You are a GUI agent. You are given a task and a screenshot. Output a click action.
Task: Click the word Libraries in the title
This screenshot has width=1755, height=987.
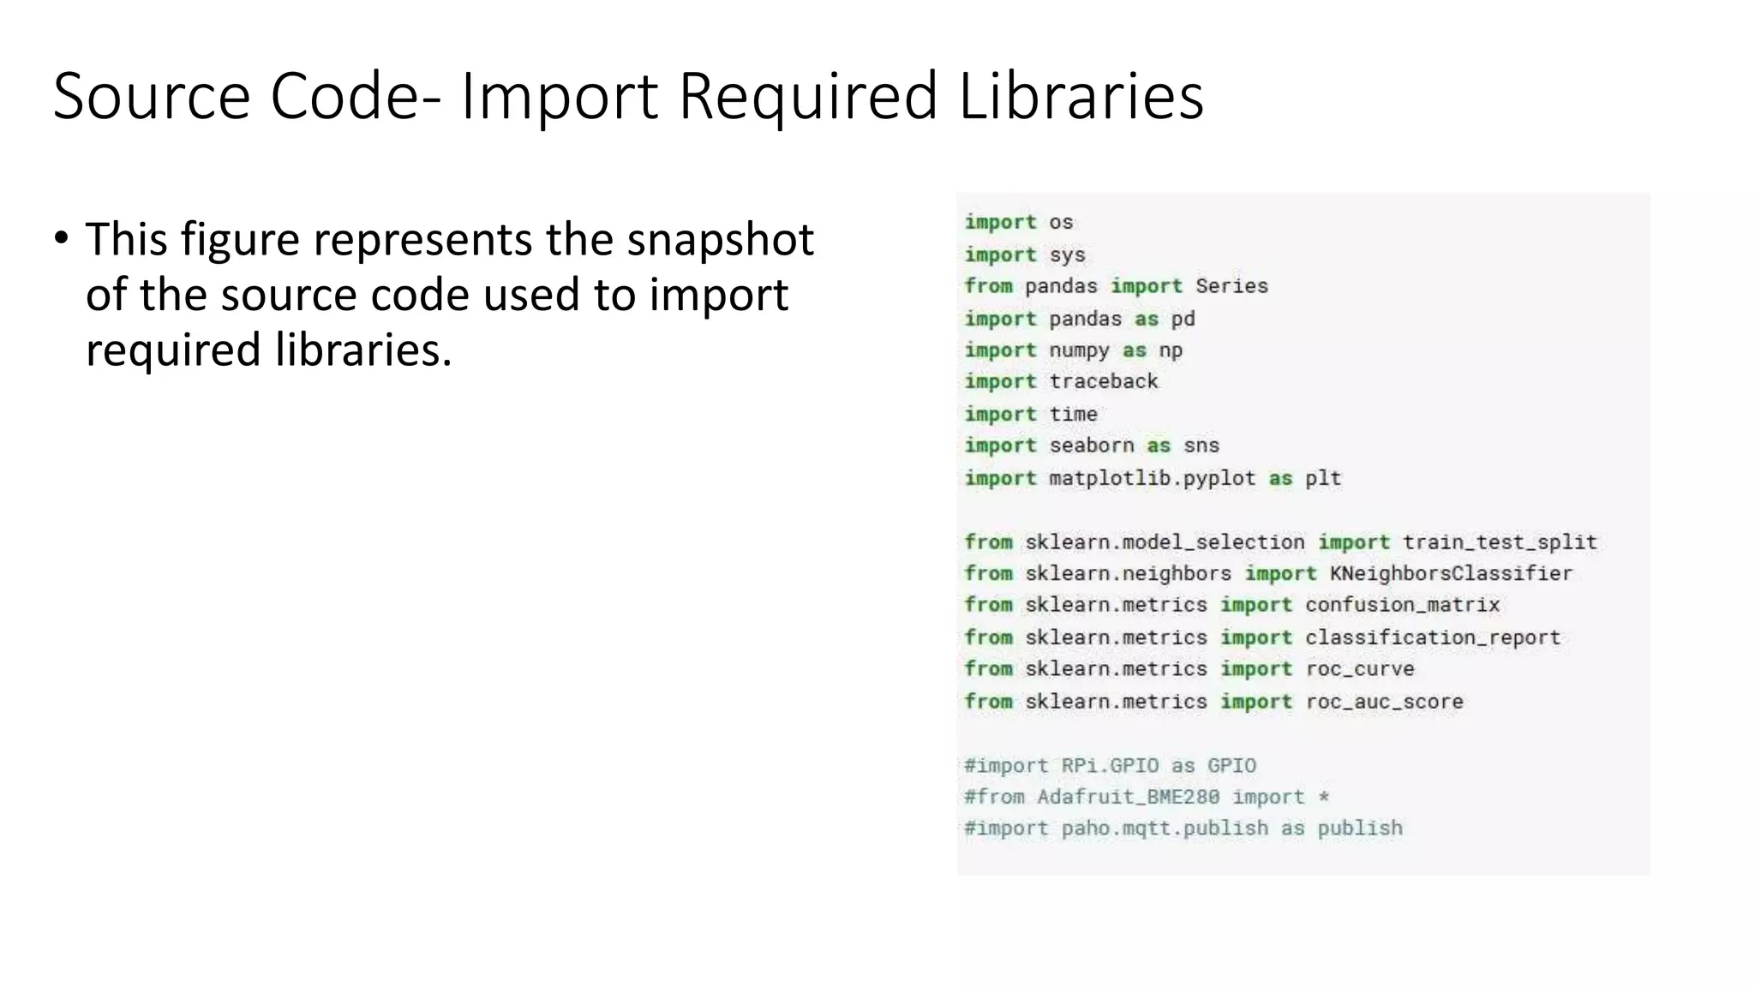click(1081, 96)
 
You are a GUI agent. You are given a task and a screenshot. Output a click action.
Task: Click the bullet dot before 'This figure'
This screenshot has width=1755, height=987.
click(61, 237)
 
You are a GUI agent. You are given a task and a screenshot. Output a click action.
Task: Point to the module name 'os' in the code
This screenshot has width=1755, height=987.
click(1061, 223)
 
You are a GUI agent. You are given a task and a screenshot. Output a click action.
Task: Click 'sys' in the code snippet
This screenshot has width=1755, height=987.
click(1067, 255)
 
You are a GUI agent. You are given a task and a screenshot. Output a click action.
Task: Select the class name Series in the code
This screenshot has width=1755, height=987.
click(1231, 286)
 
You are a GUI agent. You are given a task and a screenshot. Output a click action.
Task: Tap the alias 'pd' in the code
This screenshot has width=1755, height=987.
click(1183, 319)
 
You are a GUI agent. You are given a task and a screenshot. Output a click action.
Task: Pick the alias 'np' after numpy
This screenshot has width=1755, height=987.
click(1171, 350)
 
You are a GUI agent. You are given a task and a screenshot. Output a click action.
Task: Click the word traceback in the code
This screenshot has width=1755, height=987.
click(1104, 382)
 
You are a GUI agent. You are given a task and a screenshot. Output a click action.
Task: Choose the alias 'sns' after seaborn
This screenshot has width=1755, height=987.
click(1201, 446)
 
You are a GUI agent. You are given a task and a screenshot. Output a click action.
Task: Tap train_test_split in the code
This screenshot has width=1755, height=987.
click(1500, 542)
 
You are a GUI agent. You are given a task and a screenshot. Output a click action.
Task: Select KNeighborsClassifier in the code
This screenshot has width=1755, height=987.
click(1451, 574)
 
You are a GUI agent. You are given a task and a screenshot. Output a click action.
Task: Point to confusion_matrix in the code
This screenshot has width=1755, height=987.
click(1402, 606)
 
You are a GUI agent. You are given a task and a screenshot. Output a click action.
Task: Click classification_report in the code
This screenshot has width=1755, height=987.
click(1432, 638)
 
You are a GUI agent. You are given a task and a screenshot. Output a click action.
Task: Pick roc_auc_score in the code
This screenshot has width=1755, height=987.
click(1384, 702)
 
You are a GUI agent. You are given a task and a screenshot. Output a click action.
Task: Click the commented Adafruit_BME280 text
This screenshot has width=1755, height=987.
click(1128, 798)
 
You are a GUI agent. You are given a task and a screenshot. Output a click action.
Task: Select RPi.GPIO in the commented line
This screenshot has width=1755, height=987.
click(1110, 766)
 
